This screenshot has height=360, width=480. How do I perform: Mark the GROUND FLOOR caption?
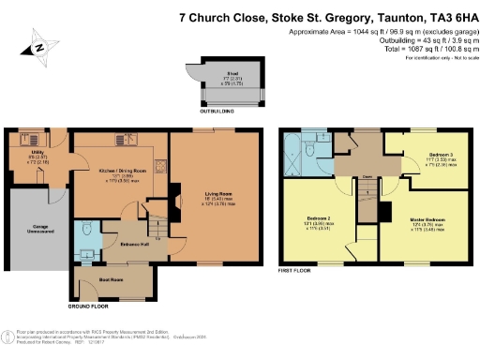click(x=87, y=306)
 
